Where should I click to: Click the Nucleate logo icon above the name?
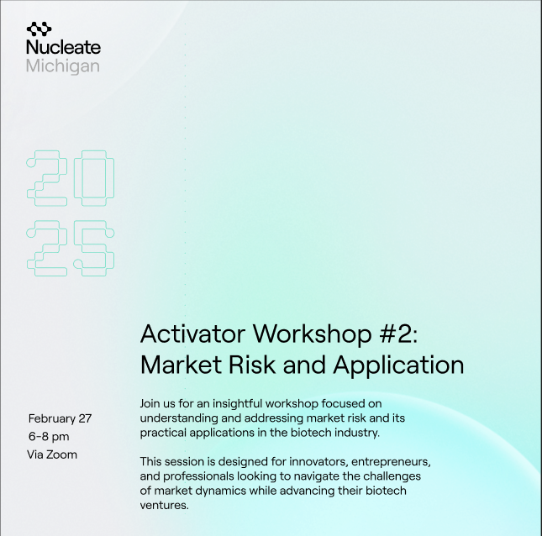coord(39,29)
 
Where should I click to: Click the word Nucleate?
coord(63,47)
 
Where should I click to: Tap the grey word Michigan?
coord(63,66)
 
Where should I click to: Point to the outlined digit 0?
coord(94,178)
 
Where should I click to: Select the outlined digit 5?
coord(94,248)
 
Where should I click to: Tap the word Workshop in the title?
coord(312,334)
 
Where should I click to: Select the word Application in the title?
coord(398,365)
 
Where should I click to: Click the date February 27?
coord(60,419)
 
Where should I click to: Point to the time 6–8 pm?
coord(49,437)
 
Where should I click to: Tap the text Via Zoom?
coord(52,455)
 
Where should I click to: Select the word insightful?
coord(238,403)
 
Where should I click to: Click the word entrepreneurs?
coord(391,462)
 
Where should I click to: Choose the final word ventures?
coord(164,506)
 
